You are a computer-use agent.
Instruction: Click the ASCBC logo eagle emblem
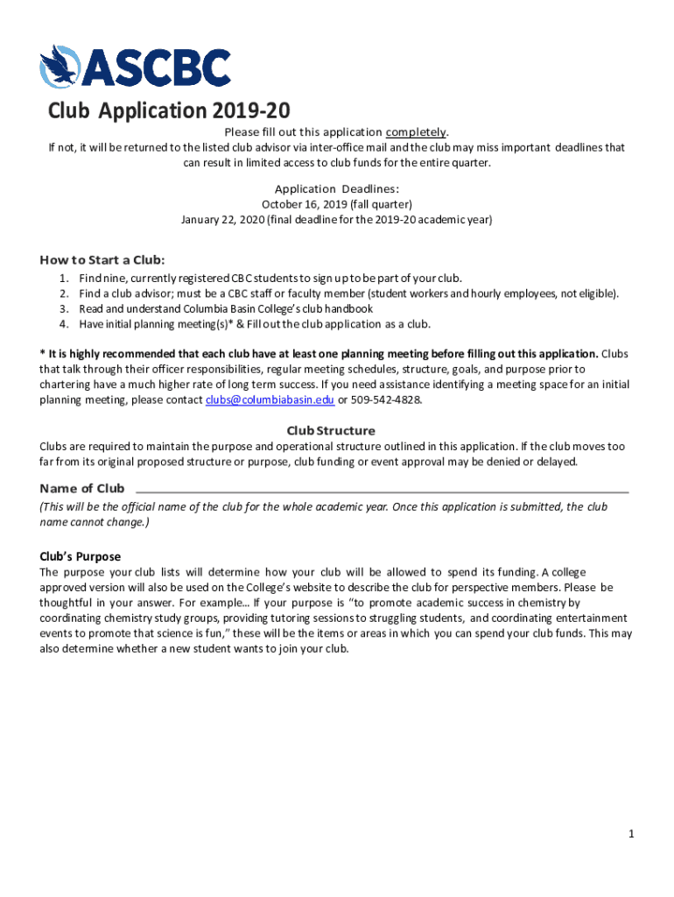(59, 67)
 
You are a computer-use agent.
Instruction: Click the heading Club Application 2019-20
(168, 111)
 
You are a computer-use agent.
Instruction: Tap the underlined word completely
(416, 132)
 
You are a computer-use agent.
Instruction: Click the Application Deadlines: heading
(337, 188)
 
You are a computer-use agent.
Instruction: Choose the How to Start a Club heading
(102, 259)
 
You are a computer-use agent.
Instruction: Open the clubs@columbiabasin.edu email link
(270, 399)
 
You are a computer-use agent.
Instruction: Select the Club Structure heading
(331, 430)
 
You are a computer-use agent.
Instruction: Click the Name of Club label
(82, 488)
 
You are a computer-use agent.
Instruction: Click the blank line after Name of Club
(382, 491)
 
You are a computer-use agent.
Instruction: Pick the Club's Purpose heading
(80, 556)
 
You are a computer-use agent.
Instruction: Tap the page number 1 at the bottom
(630, 834)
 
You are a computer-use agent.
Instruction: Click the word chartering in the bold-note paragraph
(67, 385)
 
